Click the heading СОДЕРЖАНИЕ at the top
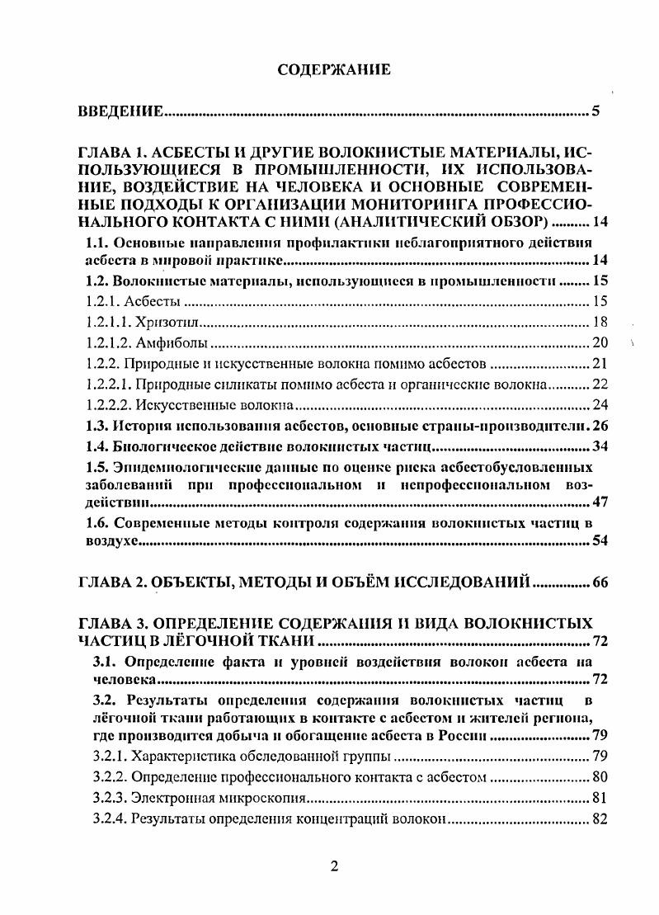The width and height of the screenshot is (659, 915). (x=333, y=71)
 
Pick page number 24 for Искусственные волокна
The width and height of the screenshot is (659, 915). (x=600, y=404)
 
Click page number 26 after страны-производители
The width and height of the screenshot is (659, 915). (x=600, y=426)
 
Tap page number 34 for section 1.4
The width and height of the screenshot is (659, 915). (x=600, y=447)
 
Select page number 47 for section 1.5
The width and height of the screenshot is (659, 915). (x=600, y=502)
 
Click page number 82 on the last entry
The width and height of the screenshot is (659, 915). (x=600, y=819)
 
